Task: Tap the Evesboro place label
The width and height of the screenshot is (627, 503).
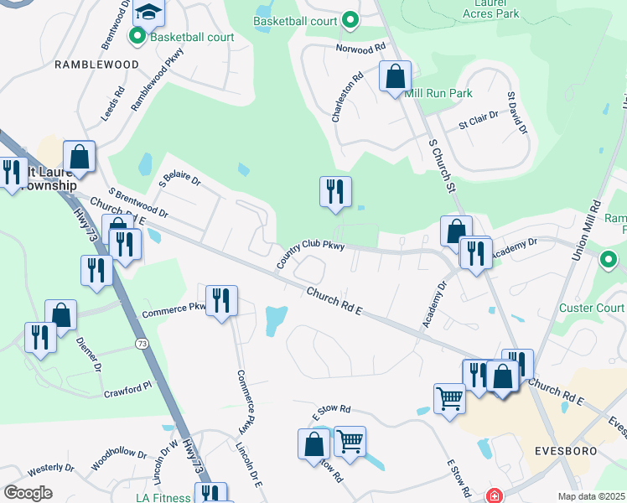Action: click(566, 450)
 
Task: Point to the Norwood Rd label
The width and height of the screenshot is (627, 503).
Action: click(360, 49)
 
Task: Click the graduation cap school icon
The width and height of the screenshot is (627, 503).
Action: click(149, 12)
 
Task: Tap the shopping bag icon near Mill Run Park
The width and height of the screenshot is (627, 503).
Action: click(395, 77)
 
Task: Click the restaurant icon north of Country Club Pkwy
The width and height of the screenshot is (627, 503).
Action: click(334, 192)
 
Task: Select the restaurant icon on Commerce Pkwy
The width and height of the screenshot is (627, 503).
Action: click(221, 301)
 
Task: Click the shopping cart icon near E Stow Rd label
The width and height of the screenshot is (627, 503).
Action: click(350, 440)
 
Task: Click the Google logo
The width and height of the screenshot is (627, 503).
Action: click(28, 493)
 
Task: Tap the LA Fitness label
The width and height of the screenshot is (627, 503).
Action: click(163, 497)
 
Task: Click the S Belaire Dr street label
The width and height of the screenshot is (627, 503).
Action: click(180, 179)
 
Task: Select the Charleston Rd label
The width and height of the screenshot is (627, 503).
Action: click(346, 96)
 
